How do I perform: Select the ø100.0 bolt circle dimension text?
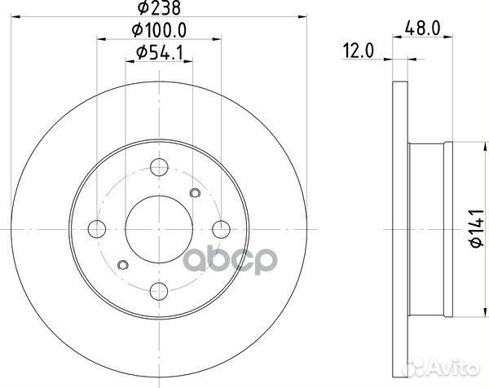[158, 32]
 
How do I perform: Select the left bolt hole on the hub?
[97, 227]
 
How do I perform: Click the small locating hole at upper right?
[195, 192]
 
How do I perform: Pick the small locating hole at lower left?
[123, 263]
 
